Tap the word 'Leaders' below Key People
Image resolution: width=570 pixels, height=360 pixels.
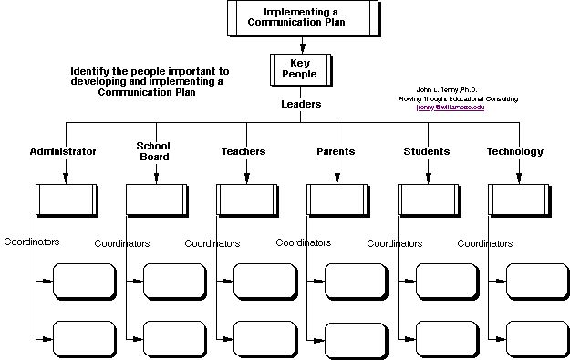pos(300,104)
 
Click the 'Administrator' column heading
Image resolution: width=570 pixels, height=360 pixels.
pos(63,151)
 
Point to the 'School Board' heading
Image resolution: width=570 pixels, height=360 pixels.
pos(153,151)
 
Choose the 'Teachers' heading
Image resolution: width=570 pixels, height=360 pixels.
pos(244,151)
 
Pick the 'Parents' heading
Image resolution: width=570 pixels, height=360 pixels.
pos(336,151)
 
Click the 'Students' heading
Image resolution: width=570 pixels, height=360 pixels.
pos(426,151)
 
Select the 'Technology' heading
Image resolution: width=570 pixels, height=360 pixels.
pos(514,151)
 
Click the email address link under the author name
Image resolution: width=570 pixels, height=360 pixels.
pos(451,108)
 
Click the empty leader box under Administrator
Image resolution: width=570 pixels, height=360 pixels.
pos(66,198)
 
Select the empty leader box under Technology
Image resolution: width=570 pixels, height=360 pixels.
pos(520,198)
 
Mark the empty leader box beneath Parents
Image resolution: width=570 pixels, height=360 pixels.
pos(338,198)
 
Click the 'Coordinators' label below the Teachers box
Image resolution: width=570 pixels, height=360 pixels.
pos(212,243)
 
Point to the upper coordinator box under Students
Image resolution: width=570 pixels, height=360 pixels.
pos(447,280)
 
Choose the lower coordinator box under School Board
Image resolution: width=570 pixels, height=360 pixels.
pos(174,338)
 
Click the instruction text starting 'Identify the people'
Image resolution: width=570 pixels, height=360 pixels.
pos(150,81)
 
